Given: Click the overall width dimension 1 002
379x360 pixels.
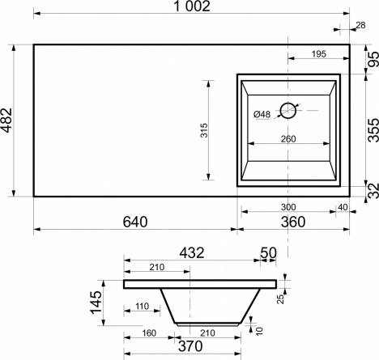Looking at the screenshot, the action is [192, 6].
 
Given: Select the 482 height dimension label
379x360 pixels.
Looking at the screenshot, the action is [6, 121].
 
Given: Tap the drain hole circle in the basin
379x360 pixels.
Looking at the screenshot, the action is [288, 111].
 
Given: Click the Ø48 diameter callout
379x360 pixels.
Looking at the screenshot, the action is [262, 114].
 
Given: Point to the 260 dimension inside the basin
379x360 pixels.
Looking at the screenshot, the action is [288, 139].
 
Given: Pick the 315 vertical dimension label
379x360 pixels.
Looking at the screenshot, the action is [204, 130].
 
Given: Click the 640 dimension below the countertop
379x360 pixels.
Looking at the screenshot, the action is [135, 222].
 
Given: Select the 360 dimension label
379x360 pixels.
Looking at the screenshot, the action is [293, 222].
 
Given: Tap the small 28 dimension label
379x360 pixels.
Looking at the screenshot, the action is [360, 25].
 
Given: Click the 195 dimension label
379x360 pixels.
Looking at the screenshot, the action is [319, 54].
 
